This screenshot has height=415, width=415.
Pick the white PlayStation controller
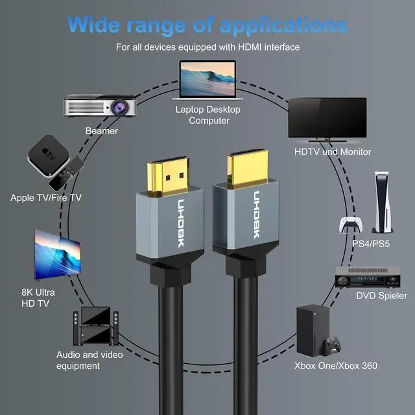point(350,224)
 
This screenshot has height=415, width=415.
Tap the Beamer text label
point(102,131)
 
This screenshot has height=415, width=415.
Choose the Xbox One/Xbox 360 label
point(336,366)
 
